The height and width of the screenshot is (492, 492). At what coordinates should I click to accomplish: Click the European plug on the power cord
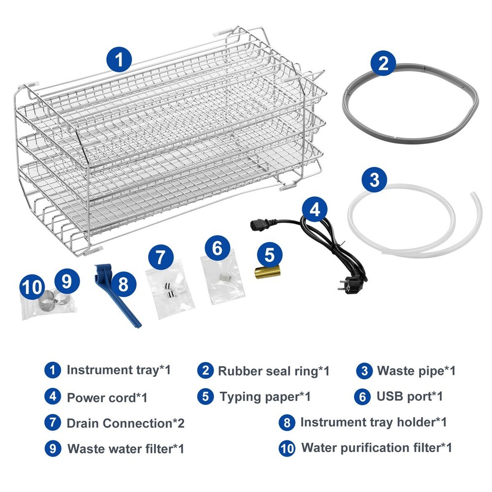[x=350, y=284]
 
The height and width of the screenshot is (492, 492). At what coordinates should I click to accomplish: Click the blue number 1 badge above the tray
[x=119, y=60]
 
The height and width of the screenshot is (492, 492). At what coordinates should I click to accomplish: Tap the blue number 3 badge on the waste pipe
[x=374, y=180]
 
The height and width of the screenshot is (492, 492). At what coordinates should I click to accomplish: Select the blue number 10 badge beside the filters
[x=32, y=286]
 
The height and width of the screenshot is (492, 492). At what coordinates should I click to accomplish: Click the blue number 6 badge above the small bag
[x=217, y=248]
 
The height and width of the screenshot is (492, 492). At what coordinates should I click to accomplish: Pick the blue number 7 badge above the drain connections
[x=161, y=257]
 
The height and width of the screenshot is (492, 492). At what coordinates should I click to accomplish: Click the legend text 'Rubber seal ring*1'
[x=274, y=371]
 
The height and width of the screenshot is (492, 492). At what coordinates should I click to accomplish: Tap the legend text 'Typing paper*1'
[x=265, y=397]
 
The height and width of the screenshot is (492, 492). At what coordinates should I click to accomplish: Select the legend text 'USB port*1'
[x=410, y=397]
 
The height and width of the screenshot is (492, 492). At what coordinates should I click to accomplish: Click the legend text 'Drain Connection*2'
[x=125, y=423]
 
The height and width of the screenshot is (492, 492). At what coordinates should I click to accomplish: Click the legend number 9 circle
[x=53, y=449]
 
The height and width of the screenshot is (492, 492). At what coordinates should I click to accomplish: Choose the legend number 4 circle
[x=53, y=396]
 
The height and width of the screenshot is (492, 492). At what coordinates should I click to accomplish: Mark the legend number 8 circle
[x=287, y=423]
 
